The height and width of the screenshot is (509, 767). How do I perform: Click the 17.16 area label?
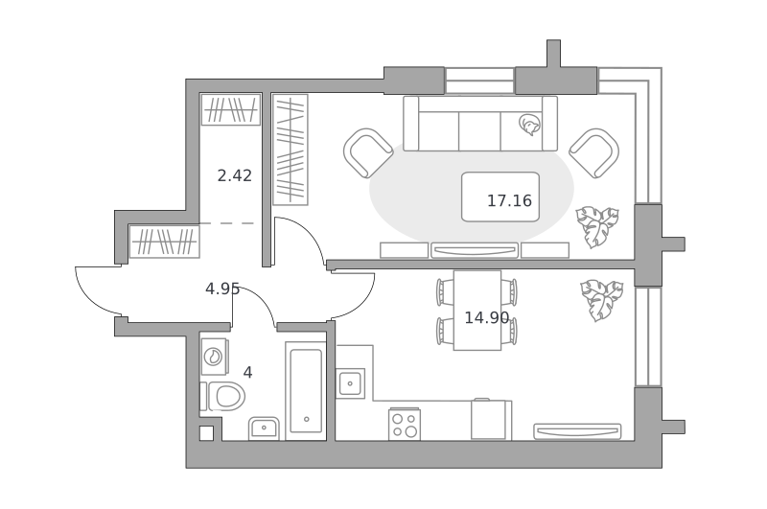tap(509, 200)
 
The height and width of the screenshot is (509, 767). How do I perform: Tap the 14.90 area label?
tap(487, 318)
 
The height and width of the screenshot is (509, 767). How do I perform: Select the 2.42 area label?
tap(234, 175)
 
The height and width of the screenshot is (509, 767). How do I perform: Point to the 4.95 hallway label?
tap(222, 289)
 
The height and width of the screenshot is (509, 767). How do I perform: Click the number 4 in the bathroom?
tap(247, 373)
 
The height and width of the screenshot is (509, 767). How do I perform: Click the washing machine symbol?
tap(214, 357)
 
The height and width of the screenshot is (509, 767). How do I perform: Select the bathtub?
tap(306, 391)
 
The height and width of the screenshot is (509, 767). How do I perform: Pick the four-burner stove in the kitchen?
tap(405, 425)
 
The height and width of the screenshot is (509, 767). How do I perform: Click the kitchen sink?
tap(350, 383)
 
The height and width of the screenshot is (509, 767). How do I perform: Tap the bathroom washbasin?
tap(264, 428)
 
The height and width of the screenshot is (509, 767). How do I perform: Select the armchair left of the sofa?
tap(368, 153)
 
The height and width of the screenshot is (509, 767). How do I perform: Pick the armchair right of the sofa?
tap(593, 153)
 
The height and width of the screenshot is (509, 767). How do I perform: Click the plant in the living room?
tap(597, 226)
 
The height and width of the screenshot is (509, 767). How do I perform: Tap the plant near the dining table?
tap(602, 300)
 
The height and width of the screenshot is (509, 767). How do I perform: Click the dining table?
tap(477, 311)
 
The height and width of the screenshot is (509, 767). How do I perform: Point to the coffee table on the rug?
tap(500, 197)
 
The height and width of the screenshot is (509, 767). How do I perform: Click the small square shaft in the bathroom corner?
tap(206, 433)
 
